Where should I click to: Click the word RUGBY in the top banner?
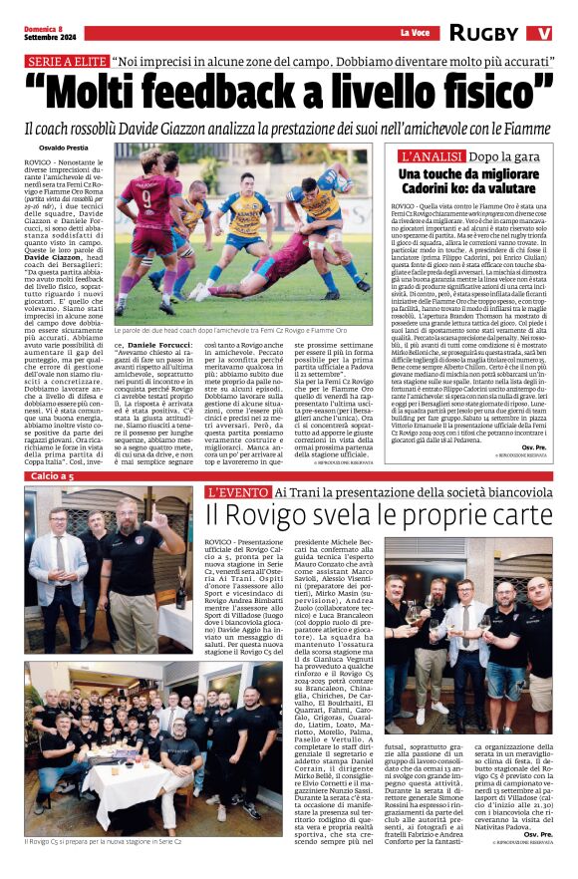[x=483, y=32]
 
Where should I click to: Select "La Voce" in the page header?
[x=414, y=32]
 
